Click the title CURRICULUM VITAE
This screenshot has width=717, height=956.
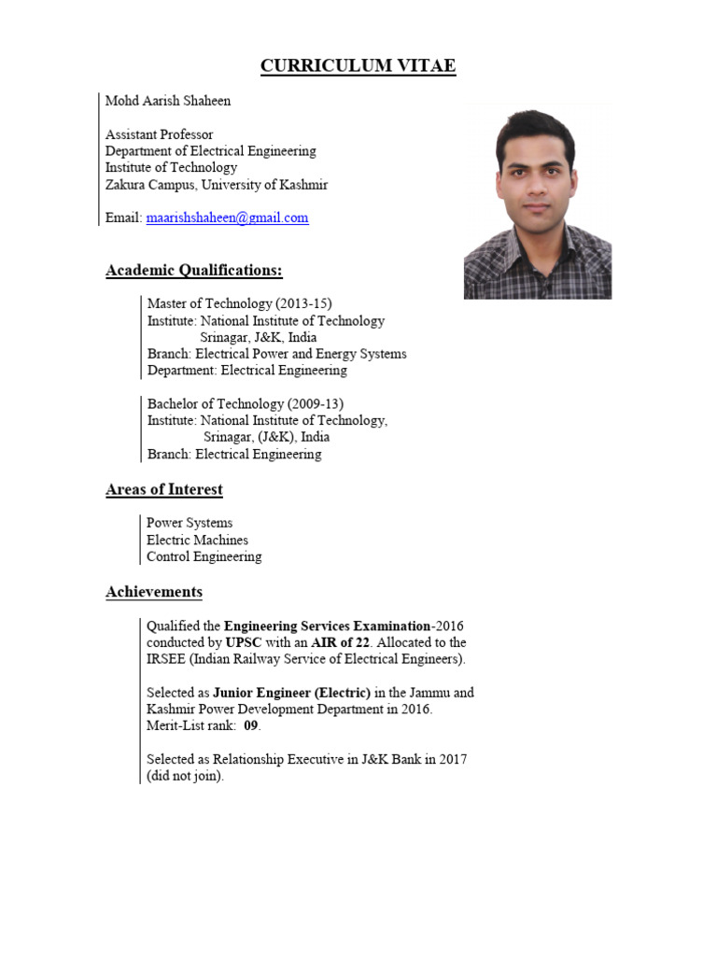[x=358, y=65]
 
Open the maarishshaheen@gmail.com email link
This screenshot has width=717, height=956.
[x=227, y=218]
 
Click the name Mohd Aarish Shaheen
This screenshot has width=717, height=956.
[x=168, y=100]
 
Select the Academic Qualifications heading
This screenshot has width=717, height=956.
[x=194, y=271]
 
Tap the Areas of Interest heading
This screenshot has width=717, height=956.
[x=164, y=489]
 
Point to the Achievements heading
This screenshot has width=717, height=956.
[x=154, y=592]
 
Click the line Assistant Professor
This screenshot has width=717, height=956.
[x=159, y=134]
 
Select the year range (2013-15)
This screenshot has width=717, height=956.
[x=301, y=303]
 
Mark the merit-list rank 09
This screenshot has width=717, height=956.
[x=250, y=725]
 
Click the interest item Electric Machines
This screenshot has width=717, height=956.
[x=197, y=540]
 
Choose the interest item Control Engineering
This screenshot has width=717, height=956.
[x=204, y=556]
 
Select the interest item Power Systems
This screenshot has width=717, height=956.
[x=190, y=523]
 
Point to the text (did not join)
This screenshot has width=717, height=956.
[x=185, y=776]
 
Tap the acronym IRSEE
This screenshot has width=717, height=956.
[x=166, y=659]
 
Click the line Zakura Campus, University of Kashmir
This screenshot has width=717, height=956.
[x=217, y=184]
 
